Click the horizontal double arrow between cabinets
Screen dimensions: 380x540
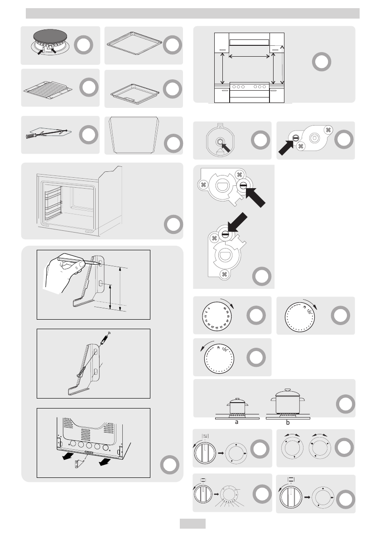250,57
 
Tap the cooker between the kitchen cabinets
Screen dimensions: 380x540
250,92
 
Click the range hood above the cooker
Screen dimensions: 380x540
250,42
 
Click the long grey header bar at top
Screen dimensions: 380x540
192,14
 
